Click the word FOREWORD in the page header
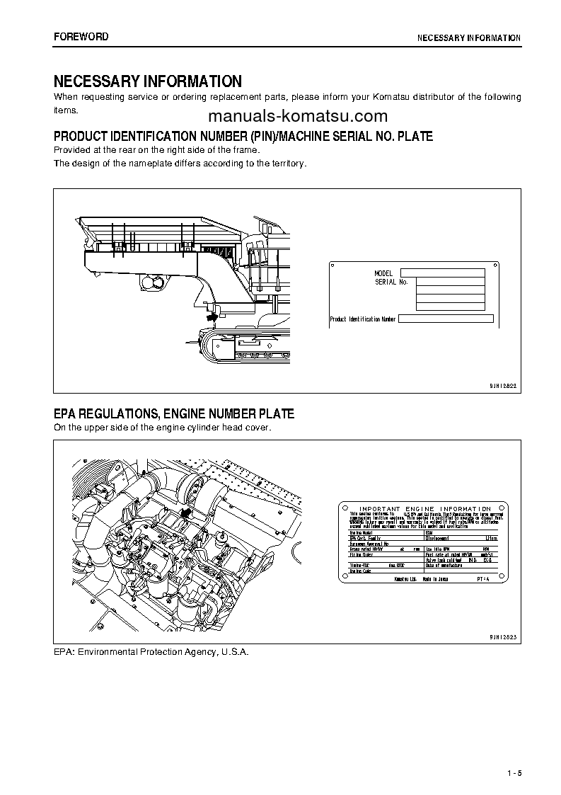(x=81, y=36)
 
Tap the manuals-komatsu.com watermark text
(x=298, y=117)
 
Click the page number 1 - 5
(x=514, y=772)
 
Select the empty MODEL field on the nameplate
(x=442, y=273)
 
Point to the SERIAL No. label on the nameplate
(x=391, y=282)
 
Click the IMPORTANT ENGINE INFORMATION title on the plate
(x=425, y=509)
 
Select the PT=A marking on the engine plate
(x=481, y=579)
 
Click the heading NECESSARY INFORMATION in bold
(x=148, y=81)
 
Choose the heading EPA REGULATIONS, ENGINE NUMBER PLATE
(x=174, y=413)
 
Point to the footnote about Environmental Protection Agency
(x=151, y=651)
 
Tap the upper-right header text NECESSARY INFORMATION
(x=468, y=38)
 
